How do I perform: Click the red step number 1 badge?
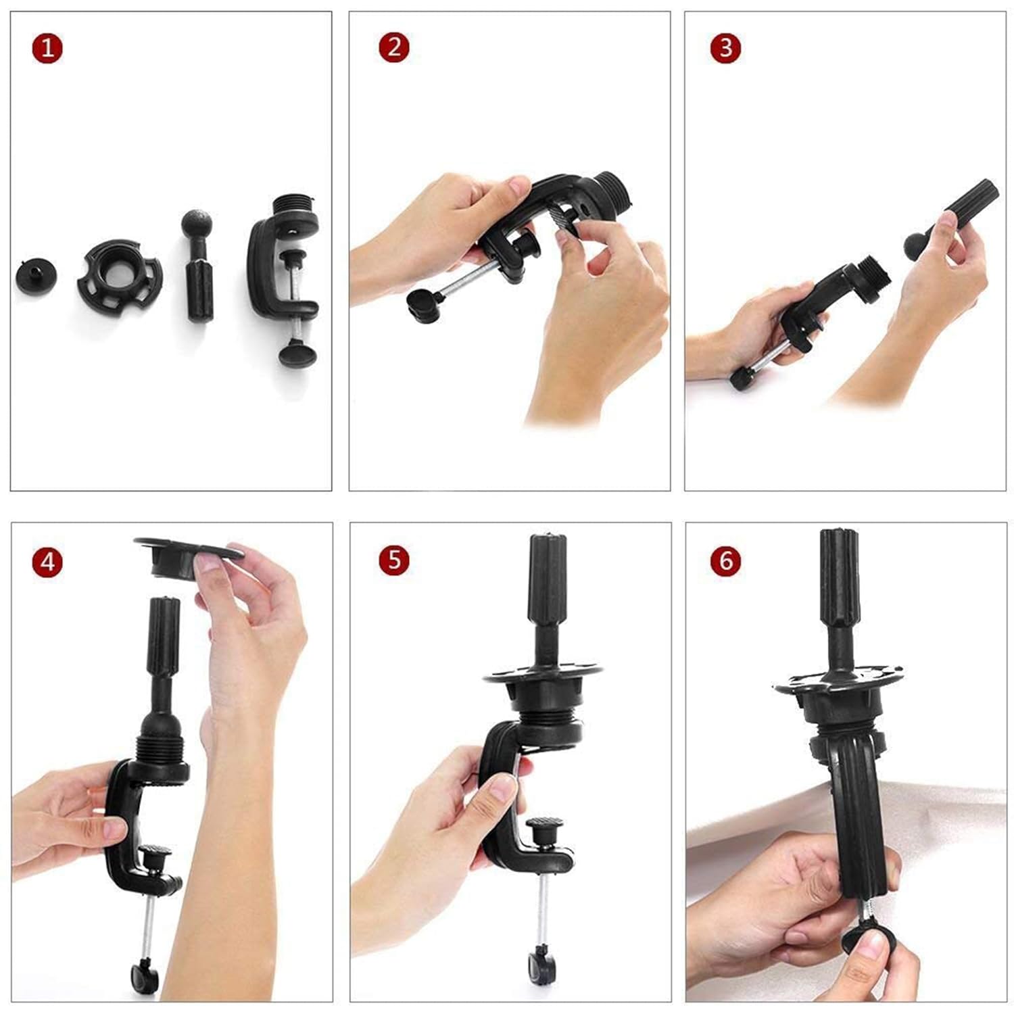pos(47,49)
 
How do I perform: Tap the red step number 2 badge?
pos(394,48)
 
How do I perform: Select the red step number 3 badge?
pos(725,48)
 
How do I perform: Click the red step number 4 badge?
pos(47,561)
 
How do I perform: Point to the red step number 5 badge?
pos(394,560)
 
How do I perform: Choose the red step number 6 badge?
pos(725,561)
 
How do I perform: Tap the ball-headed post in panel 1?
pos(197,267)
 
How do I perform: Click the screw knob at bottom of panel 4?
pos(145,974)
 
